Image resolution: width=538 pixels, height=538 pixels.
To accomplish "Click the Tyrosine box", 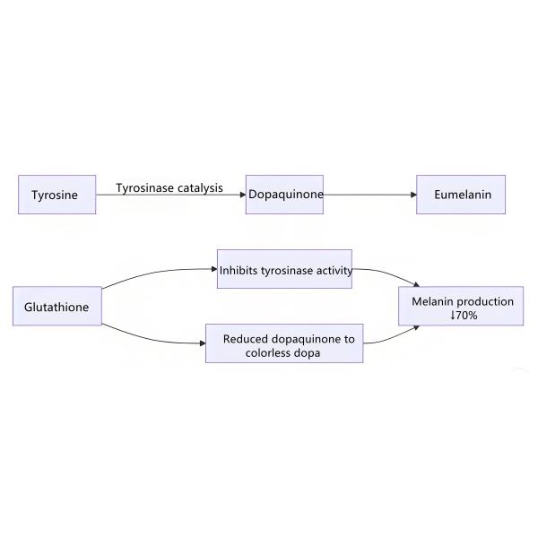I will [56, 195].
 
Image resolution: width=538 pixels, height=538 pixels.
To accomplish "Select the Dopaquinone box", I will [285, 195].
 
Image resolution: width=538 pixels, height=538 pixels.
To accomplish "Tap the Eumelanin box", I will [461, 195].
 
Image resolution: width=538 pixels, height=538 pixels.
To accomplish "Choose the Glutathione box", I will [56, 307].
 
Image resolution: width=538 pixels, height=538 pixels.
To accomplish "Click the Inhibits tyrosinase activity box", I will [285, 269].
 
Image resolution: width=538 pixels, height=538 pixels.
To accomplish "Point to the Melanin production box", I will [461, 307].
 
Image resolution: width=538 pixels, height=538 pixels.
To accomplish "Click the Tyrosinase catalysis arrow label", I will [169, 188].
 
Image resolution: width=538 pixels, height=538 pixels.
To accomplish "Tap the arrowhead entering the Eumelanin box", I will [412, 195].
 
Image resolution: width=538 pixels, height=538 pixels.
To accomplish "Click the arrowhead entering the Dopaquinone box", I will [243, 195].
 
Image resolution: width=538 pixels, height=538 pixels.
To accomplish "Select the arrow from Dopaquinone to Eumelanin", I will [368, 195].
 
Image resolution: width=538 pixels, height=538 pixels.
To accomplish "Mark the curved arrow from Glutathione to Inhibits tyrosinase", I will [152, 273].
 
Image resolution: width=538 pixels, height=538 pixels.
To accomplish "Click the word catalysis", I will [199, 188].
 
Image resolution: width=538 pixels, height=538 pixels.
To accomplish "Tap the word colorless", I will [269, 353].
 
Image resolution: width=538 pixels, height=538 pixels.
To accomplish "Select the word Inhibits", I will [239, 270].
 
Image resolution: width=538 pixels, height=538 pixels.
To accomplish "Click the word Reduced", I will [246, 339].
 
